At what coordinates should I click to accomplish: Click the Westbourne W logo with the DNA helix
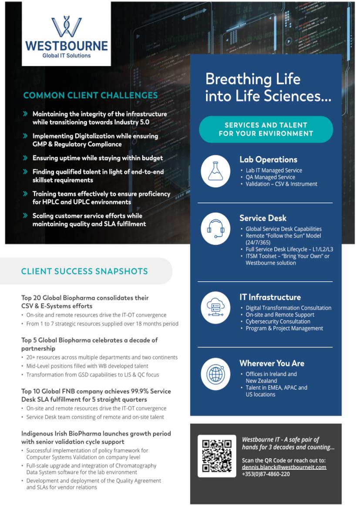point(66,27)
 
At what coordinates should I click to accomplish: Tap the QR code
point(217,455)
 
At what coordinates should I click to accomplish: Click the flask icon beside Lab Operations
point(215,171)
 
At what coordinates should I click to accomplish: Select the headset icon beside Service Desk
point(215,229)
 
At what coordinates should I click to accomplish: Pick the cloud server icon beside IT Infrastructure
point(215,307)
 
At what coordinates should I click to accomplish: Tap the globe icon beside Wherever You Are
point(215,374)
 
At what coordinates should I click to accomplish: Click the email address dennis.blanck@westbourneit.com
point(284,467)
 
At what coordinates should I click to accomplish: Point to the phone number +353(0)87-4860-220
point(266,474)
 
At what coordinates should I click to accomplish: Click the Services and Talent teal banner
point(266,129)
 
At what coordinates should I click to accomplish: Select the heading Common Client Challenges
point(91,95)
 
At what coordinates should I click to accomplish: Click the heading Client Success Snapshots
point(84,271)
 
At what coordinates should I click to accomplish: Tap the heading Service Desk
point(262,218)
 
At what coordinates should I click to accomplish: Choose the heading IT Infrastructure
point(270,297)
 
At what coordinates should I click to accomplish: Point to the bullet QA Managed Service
point(270,177)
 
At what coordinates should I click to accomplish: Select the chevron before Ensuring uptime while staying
point(25,158)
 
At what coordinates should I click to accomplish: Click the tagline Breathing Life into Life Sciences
point(268,88)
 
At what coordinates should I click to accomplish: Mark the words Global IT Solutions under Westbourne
point(67,56)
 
